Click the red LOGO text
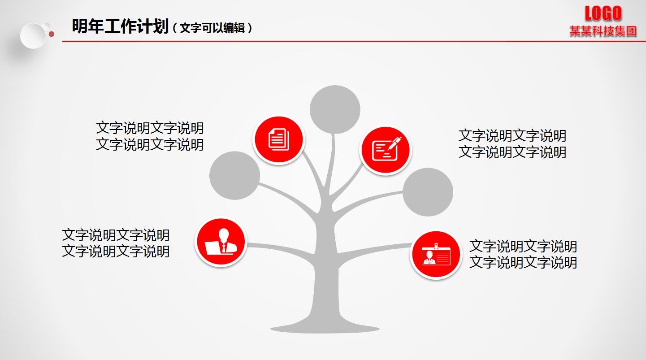(603, 13)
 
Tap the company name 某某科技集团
(603, 31)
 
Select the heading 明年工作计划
(120, 27)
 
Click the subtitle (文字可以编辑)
(212, 28)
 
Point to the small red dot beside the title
(52, 34)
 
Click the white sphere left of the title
(33, 35)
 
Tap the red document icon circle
(279, 139)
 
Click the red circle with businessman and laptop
(221, 242)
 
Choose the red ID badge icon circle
(435, 255)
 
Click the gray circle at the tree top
(335, 109)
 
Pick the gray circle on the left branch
(234, 175)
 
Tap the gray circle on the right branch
(428, 192)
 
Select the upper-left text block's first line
(150, 128)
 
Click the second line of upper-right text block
(512, 152)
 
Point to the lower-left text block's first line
(116, 235)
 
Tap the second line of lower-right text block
(523, 263)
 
